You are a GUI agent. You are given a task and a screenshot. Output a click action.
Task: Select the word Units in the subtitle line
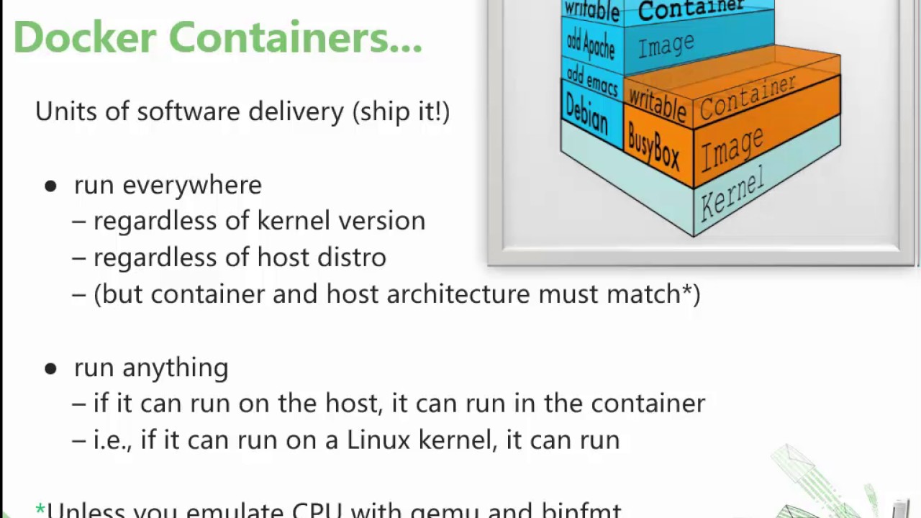(x=60, y=112)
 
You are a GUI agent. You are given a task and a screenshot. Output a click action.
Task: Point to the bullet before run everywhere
(x=50, y=186)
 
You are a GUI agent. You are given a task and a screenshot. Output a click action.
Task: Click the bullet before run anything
(x=50, y=369)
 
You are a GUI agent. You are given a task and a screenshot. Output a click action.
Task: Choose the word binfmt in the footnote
(x=581, y=511)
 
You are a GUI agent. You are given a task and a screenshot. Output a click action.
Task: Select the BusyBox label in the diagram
(x=653, y=147)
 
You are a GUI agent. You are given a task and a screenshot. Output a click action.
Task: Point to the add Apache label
(x=591, y=45)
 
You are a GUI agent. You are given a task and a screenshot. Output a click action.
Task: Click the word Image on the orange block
(x=732, y=150)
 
